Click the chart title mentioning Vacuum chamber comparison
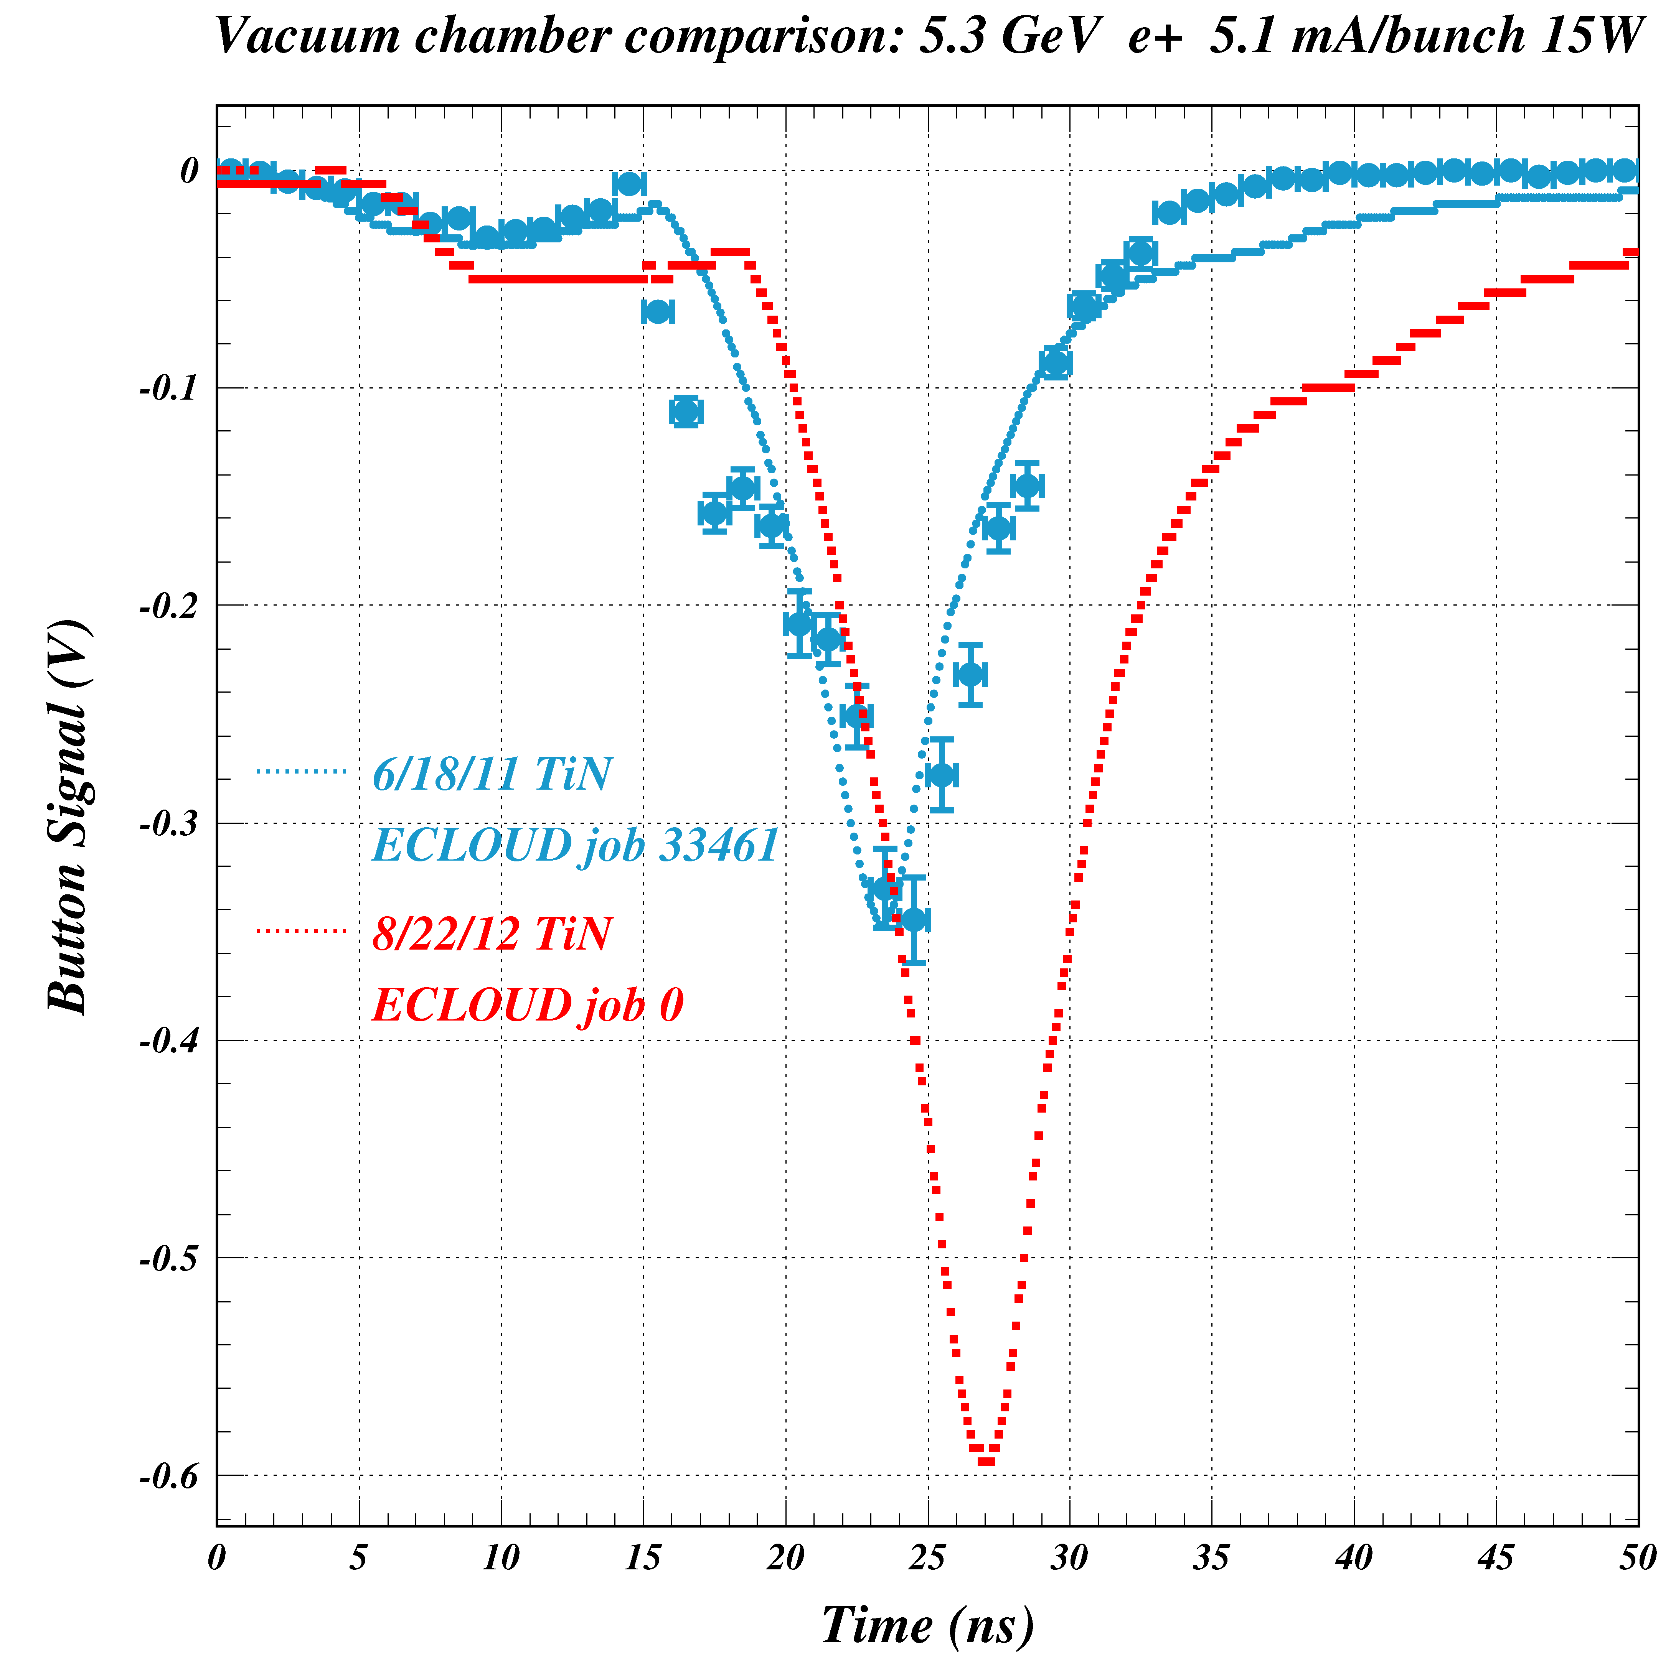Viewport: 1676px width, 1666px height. point(928,36)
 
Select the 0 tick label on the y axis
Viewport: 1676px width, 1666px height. point(189,171)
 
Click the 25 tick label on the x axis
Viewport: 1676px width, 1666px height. point(927,1559)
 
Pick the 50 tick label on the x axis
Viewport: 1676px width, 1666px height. point(1637,1559)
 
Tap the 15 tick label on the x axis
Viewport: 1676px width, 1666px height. point(643,1559)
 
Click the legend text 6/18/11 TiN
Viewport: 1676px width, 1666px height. point(492,774)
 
